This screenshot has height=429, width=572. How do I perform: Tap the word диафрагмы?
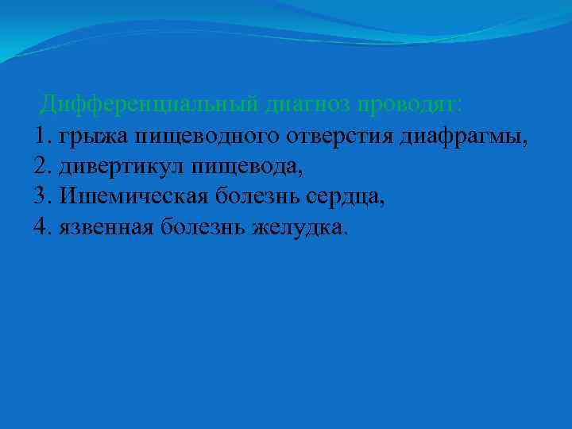[x=465, y=137]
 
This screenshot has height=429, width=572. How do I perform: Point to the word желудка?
[x=300, y=228]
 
